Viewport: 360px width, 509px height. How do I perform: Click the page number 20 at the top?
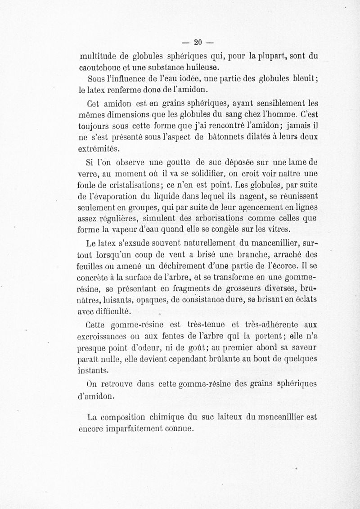(x=197, y=43)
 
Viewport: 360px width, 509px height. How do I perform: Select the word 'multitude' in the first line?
(x=97, y=57)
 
